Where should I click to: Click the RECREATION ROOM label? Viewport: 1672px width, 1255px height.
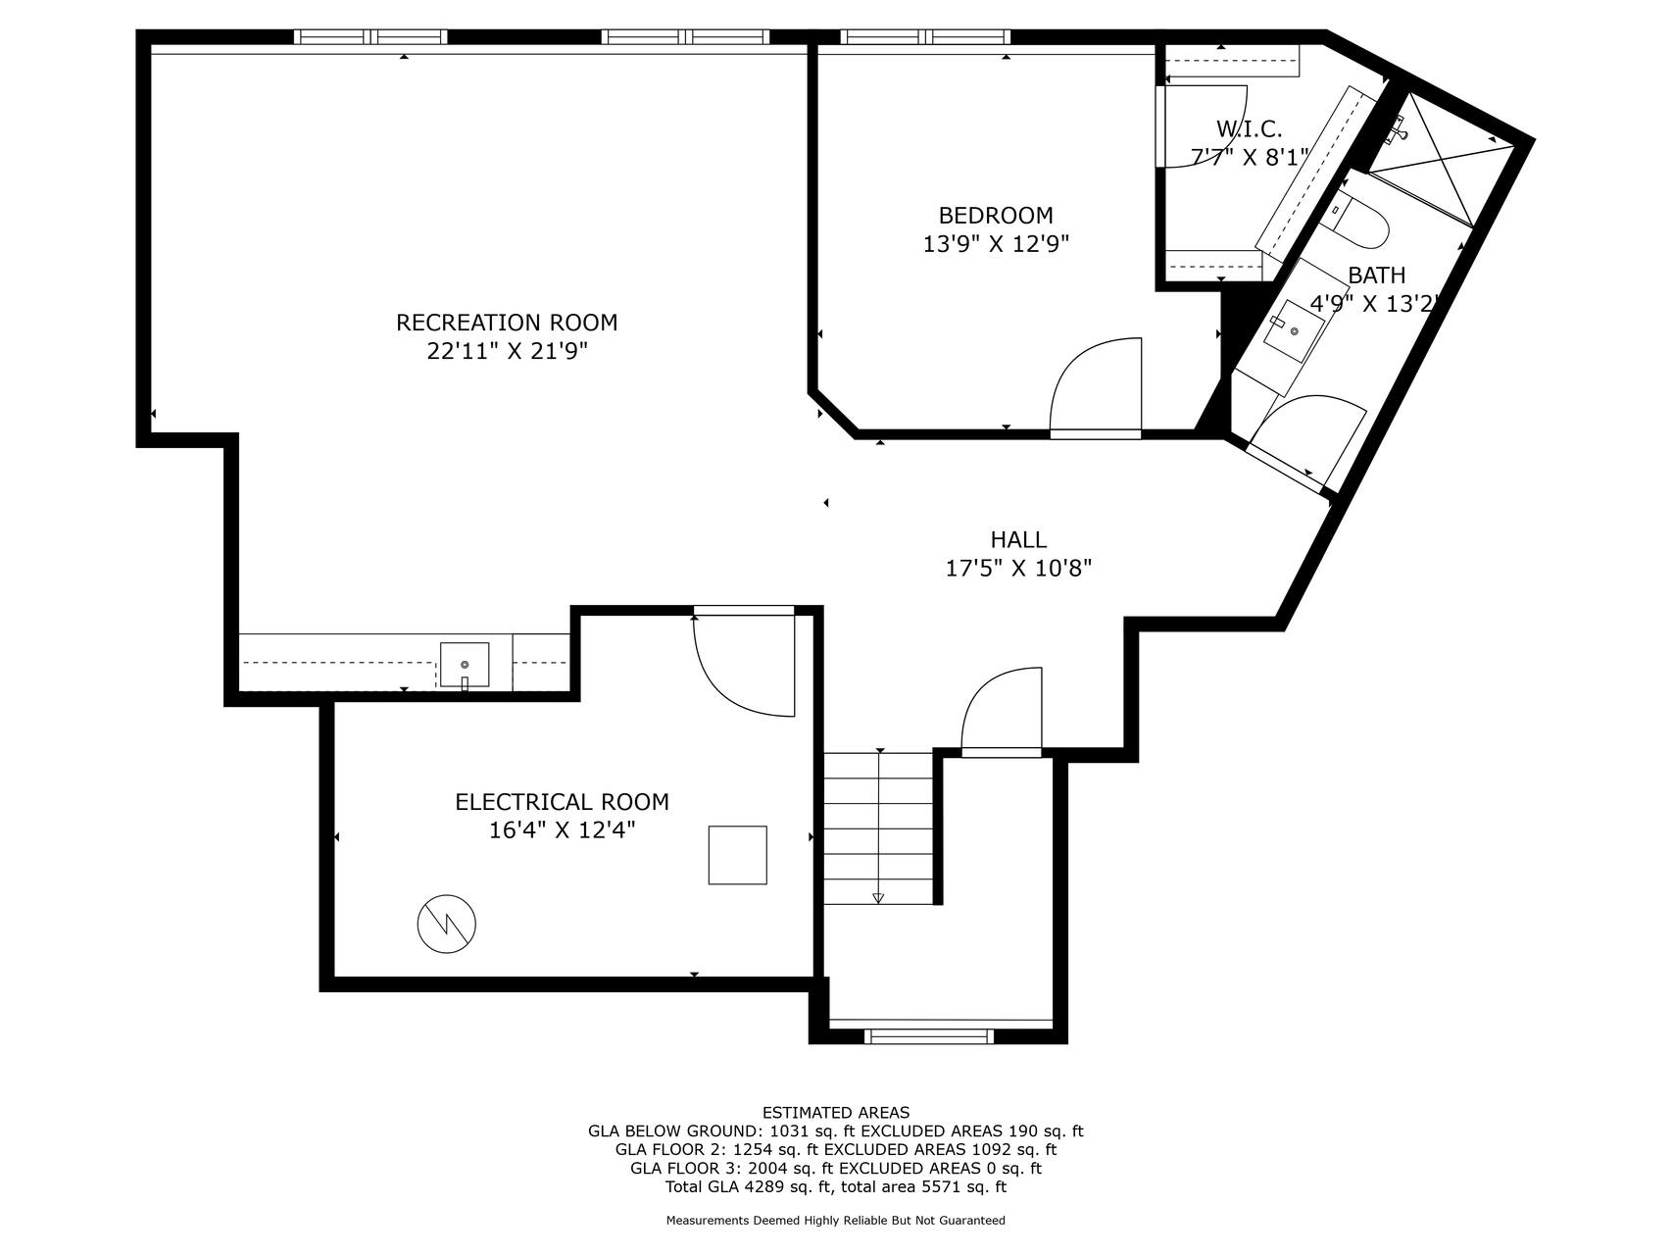[x=507, y=323]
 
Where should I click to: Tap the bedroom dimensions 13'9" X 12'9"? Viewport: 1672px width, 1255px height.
[x=995, y=244]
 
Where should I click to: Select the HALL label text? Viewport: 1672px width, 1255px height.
[x=1018, y=539]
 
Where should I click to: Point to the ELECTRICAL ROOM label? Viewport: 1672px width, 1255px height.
[x=562, y=802]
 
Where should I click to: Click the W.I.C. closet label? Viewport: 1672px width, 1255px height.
[x=1249, y=128]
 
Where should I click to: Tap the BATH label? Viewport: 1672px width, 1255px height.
[x=1376, y=276]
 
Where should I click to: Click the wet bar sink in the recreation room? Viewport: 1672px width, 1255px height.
[x=465, y=666]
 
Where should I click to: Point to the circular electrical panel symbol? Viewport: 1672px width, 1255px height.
[x=446, y=924]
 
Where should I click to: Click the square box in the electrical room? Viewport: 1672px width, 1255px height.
[x=737, y=855]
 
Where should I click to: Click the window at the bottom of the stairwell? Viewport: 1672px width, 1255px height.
[x=929, y=1035]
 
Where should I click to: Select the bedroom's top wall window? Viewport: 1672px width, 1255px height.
[x=925, y=37]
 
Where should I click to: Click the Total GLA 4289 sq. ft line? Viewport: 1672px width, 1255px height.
[x=835, y=1186]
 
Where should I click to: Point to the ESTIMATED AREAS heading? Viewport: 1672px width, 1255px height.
[x=835, y=1112]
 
